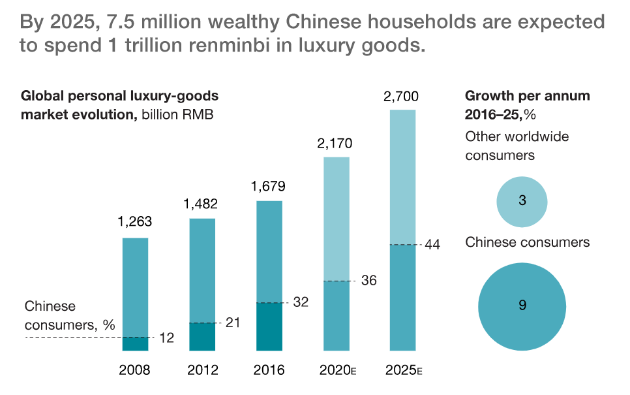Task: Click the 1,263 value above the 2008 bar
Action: click(135, 222)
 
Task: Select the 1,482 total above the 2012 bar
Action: click(201, 204)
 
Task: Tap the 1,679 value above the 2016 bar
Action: click(268, 187)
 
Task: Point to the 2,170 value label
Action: click(336, 142)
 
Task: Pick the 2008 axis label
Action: click(135, 370)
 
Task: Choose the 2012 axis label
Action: click(202, 370)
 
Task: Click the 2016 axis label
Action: click(269, 370)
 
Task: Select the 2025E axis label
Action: click(404, 370)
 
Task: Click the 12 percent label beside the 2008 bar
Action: click(166, 338)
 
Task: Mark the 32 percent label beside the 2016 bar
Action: click(301, 302)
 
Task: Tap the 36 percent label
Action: click(369, 281)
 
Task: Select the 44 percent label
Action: click(432, 245)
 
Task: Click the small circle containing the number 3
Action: click(522, 200)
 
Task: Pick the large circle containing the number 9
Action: click(522, 305)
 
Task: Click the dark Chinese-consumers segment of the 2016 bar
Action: click(269, 326)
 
